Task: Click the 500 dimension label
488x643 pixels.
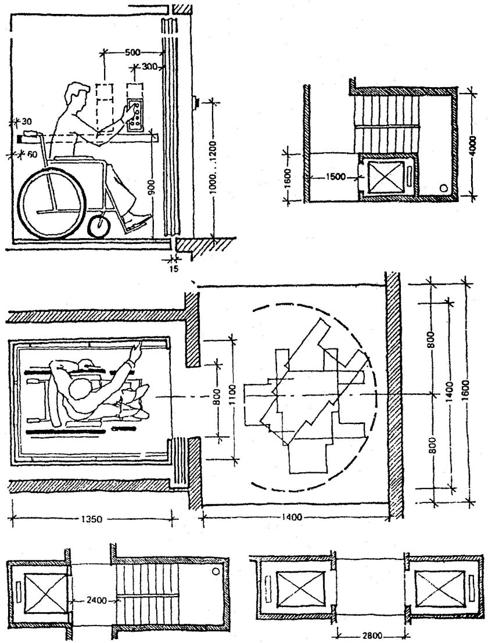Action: pos(133,52)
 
